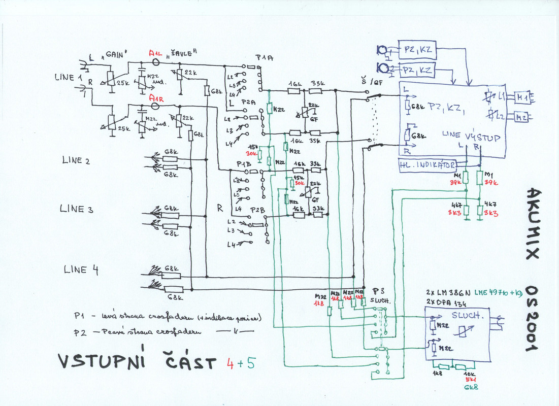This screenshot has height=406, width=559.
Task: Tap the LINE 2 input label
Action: [76, 161]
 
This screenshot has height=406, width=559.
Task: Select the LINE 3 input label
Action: [77, 209]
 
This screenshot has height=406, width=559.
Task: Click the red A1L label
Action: [157, 53]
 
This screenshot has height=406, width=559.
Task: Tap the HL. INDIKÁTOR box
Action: [427, 165]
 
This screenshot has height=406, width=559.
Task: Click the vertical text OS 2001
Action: [531, 317]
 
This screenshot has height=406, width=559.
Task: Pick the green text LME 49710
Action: [492, 293]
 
